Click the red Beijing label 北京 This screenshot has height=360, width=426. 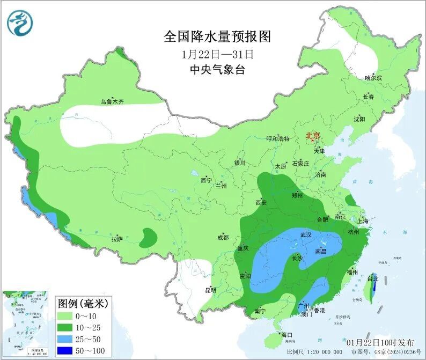313,136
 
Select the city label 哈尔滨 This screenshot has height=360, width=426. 373,78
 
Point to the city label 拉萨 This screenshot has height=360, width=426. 117,238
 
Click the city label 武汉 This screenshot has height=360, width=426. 306,234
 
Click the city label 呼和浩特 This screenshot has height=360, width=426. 278,138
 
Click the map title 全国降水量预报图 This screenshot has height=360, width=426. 217,36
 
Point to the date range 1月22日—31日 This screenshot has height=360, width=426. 217,54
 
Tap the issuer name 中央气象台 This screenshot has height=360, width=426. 217,70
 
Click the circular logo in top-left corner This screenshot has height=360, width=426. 20,23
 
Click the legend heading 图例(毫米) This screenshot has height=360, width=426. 83,303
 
